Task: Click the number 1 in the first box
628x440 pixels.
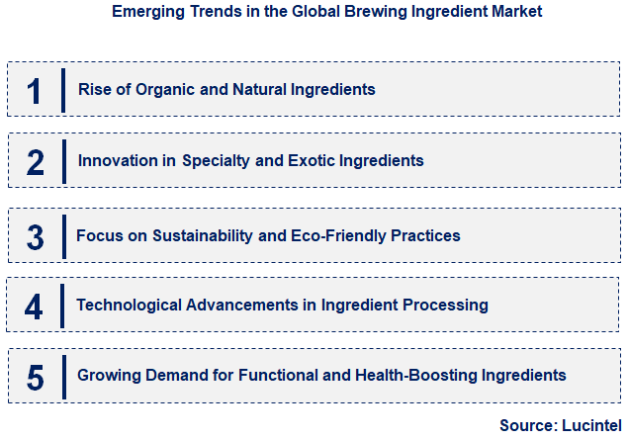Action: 36,91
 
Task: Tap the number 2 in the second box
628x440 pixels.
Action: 36,162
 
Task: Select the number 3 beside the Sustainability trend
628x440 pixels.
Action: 36,237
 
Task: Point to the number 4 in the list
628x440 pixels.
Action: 35,307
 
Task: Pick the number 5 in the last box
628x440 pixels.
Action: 36,377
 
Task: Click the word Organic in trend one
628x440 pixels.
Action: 162,89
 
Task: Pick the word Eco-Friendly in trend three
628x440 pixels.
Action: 333,235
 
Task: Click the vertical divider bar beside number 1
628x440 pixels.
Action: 63,90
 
